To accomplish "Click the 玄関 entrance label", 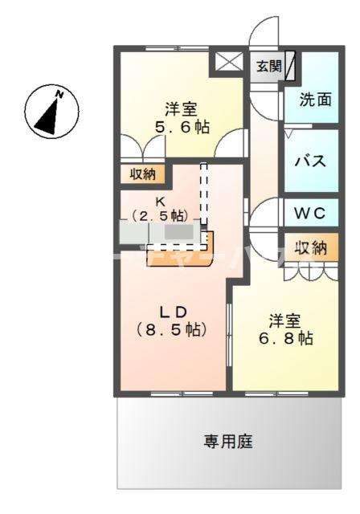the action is [x=269, y=67].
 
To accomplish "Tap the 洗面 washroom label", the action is [x=316, y=100].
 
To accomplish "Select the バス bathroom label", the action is [x=310, y=161].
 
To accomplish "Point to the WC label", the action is [x=310, y=214].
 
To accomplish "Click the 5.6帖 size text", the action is [x=182, y=127].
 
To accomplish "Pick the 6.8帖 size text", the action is [x=286, y=338].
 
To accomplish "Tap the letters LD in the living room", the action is [x=173, y=312].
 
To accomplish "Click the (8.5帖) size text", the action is [x=171, y=330].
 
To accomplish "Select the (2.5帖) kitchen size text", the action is [x=161, y=215].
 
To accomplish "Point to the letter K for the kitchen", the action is [x=161, y=202].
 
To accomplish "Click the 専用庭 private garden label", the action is [x=228, y=441].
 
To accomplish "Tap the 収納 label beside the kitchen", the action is [x=143, y=174].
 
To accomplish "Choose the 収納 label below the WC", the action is [x=311, y=248].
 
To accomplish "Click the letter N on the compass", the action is [x=59, y=95].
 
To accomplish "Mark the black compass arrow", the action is [x=48, y=116].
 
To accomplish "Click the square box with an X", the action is [x=228, y=62].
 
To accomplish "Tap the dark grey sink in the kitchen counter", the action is [x=178, y=232].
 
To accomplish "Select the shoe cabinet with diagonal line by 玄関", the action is [x=290, y=66].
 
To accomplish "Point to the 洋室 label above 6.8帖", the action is [x=284, y=320].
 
